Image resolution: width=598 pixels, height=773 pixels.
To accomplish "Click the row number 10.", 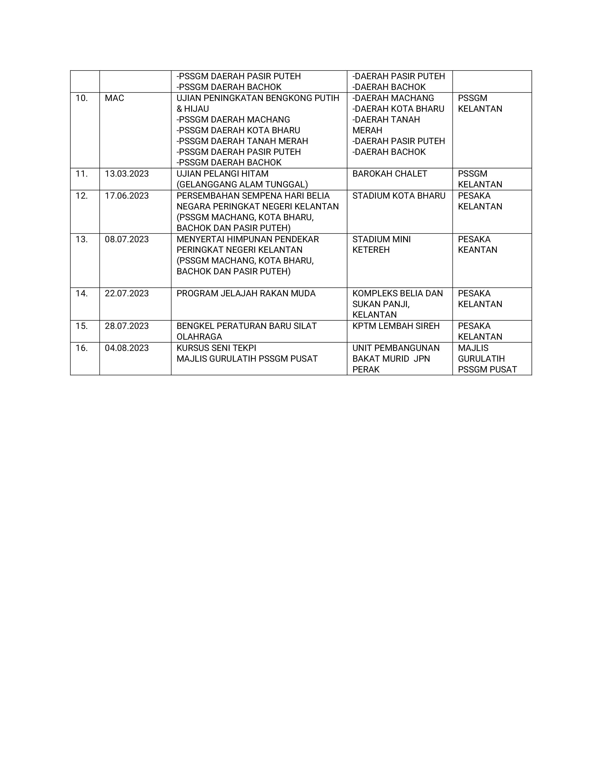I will coord(81,98).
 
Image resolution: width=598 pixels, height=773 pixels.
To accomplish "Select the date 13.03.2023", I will coord(126,174).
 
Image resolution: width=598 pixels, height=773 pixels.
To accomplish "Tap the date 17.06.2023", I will coord(126,196).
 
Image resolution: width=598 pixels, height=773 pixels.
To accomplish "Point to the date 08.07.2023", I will coord(126,239).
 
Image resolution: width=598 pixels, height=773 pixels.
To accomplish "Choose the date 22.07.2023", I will coord(126,294).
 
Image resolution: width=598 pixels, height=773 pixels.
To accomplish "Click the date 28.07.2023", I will coord(126,326).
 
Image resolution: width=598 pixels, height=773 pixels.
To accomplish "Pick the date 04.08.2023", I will coord(126,348).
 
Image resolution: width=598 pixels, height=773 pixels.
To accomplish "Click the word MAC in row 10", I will coord(114,98).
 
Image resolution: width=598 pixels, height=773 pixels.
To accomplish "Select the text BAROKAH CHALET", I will coord(390,174).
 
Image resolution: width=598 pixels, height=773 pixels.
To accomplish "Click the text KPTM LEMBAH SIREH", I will coord(396,326).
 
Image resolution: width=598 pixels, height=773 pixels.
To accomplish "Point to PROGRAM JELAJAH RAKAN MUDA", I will coord(246,294).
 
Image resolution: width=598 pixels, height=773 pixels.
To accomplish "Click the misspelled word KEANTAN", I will coord(477,250).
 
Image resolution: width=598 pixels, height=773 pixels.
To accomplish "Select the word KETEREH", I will coord(371,250).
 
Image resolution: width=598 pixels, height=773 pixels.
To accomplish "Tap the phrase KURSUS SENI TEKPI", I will coord(216,348).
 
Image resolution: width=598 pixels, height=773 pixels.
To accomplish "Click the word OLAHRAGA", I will coord(199,337).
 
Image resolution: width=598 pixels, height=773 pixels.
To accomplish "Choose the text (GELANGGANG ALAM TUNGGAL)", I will coord(242,184).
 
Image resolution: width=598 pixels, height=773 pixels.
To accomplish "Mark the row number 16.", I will coord(81,348).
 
